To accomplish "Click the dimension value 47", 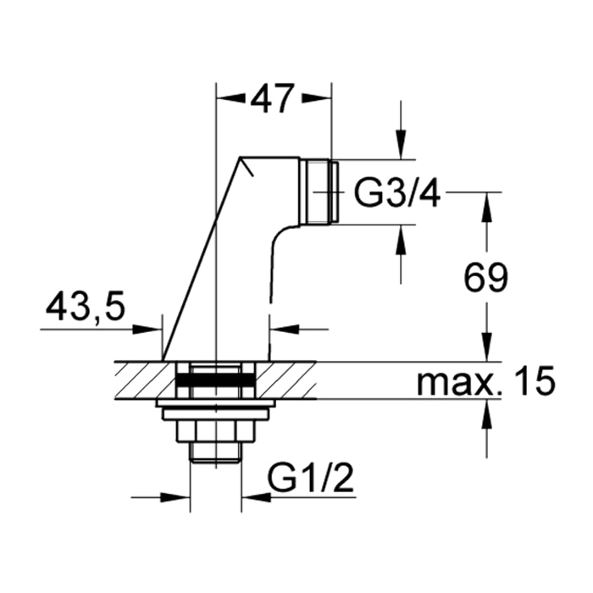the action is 272,99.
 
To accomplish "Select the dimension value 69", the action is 486,277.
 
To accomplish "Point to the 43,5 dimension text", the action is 85,307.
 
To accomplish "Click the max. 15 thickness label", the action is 486,380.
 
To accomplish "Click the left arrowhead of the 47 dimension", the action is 230,99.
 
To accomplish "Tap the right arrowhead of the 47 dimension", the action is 316,99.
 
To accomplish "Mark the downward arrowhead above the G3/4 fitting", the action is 401,145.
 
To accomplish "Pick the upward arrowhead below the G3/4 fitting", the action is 401,240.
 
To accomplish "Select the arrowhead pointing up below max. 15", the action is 487,415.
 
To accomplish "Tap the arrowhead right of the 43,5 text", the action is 147,330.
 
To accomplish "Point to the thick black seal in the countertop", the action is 215,380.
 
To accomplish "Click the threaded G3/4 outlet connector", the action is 322,191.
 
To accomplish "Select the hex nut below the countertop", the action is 215,430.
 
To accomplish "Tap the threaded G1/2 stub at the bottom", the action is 215,452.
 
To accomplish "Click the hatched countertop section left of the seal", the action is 145,380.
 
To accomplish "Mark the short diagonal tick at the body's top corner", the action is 247,166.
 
